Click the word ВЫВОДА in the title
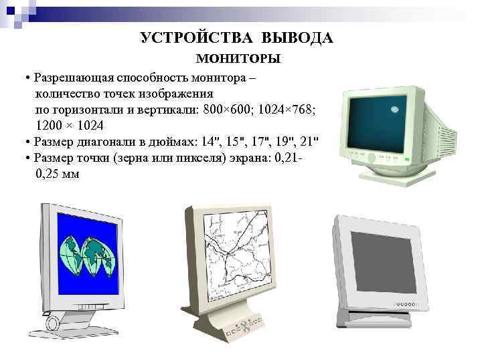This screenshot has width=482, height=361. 298,37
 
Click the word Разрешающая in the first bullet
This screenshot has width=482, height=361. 74,78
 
